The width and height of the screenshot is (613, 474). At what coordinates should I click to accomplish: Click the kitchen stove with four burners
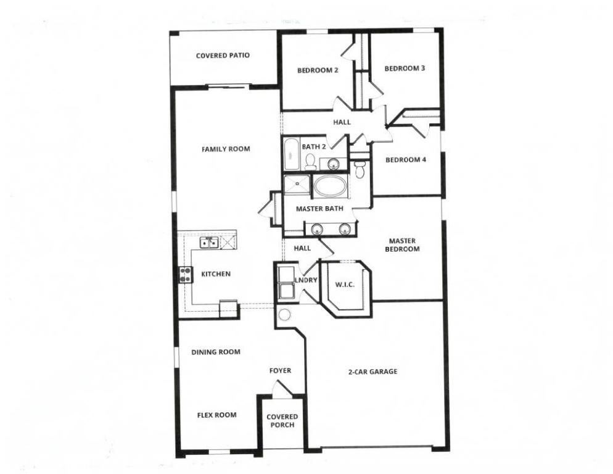(184, 274)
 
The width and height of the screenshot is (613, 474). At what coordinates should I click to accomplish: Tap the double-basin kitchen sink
(208, 243)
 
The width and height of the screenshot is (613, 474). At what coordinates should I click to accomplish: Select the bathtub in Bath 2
(291, 154)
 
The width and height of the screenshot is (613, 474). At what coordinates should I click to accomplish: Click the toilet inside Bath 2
(310, 162)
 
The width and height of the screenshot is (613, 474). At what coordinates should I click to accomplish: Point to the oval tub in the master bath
(331, 186)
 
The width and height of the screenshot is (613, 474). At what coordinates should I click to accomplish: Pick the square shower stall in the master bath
(297, 185)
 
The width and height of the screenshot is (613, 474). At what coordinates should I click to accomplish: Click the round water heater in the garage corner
(284, 315)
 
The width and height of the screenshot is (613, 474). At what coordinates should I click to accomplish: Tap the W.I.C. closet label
(344, 285)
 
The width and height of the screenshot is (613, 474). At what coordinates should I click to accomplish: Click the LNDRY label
(306, 280)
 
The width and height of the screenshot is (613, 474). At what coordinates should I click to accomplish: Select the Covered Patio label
(223, 56)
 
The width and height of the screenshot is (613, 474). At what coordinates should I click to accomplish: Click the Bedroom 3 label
(405, 69)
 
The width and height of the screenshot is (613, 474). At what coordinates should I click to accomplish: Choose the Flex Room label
(216, 415)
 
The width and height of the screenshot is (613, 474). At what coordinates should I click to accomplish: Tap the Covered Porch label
(282, 421)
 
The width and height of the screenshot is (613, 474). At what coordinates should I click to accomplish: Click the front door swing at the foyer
(281, 389)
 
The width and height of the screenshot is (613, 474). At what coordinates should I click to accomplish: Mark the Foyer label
(280, 371)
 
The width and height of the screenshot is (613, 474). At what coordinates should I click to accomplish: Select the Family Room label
(226, 149)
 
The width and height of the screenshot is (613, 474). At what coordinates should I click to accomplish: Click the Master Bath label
(319, 209)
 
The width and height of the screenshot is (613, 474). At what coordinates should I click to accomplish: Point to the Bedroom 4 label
(405, 160)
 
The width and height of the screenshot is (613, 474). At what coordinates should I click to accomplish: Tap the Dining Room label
(215, 352)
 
